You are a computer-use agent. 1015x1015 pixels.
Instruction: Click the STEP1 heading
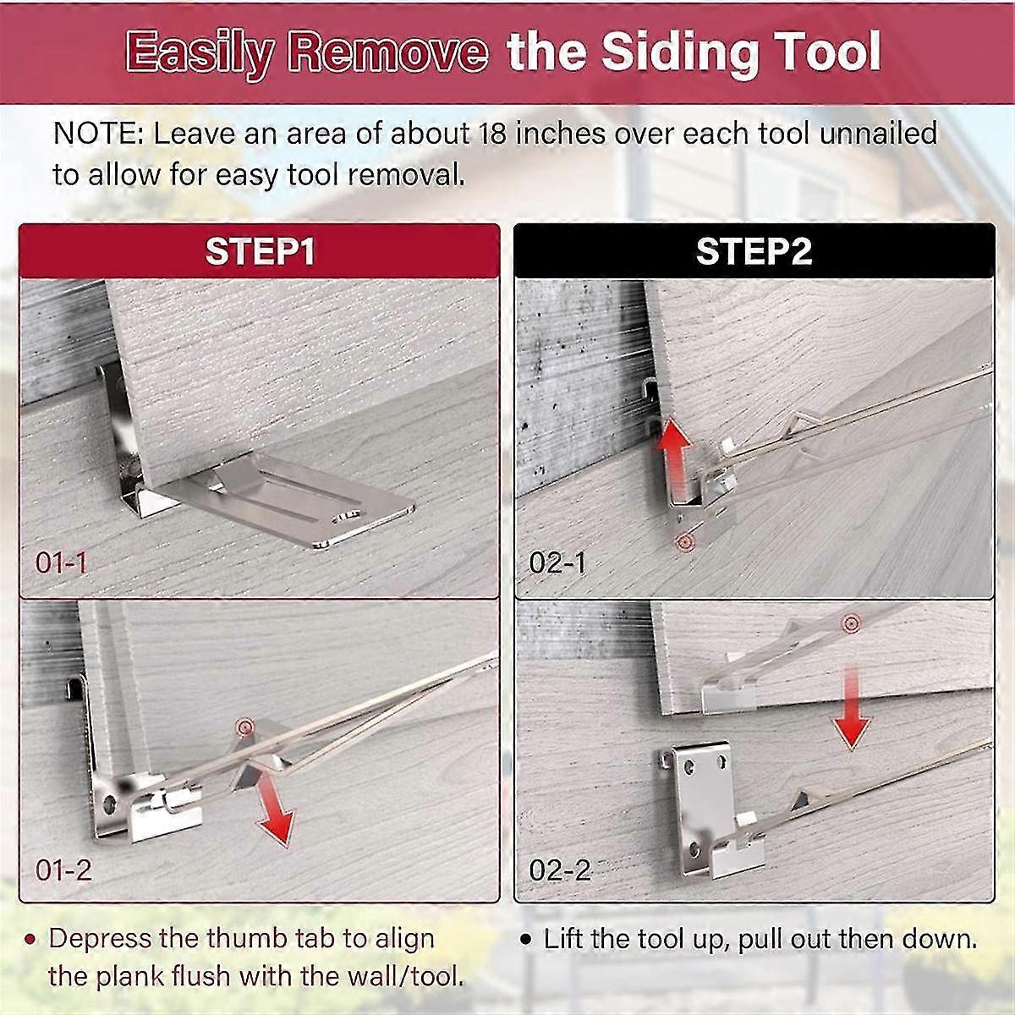coord(260,252)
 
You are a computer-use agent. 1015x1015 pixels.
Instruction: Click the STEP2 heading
coord(754,252)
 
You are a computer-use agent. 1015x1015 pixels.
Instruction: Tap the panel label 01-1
coord(61,562)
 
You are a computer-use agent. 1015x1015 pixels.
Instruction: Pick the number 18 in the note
coord(495,134)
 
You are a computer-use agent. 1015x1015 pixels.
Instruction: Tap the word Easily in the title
coord(200,52)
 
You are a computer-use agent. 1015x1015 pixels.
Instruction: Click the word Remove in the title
coord(387,52)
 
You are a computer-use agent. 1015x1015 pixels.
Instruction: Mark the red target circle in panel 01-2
coord(246,725)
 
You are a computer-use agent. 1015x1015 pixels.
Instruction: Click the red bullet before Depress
coord(31,940)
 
